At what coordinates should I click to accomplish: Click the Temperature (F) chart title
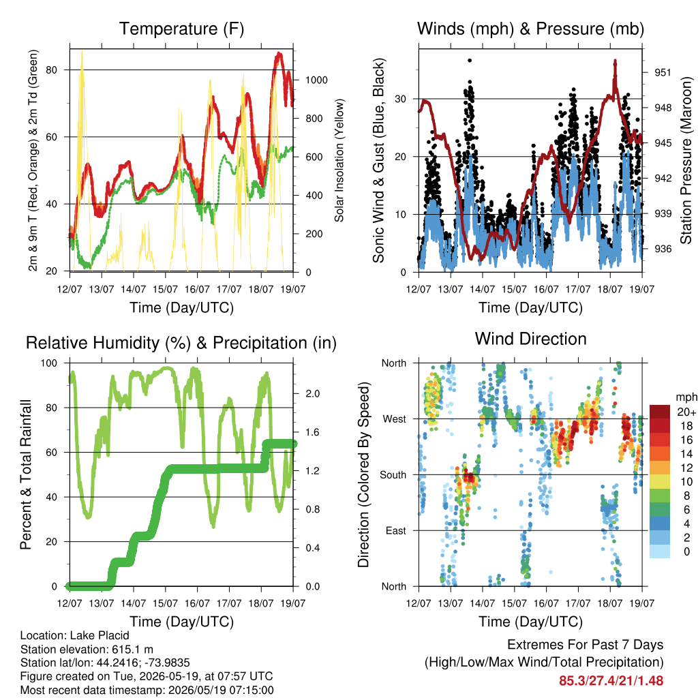click(181, 29)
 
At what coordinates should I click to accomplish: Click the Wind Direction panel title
click(530, 339)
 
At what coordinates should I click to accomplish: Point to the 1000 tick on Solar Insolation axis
click(316, 80)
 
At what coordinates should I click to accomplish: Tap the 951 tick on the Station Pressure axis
click(663, 72)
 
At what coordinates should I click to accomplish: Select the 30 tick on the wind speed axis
click(400, 99)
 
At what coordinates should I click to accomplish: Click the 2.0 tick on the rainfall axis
click(313, 393)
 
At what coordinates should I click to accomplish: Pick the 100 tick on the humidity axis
click(49, 363)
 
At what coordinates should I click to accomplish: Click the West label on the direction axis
click(395, 419)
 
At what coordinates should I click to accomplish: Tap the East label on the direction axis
click(396, 530)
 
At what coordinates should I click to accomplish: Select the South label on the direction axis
click(393, 475)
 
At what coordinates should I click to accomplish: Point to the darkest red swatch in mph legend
click(660, 412)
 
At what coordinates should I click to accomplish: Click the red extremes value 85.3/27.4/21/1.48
click(611, 681)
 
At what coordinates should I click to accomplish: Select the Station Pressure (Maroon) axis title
click(686, 160)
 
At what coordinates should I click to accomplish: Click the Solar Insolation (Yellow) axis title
click(339, 160)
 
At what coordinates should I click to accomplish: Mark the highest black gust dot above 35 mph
click(470, 61)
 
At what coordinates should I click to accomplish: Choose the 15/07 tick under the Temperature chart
click(165, 289)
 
